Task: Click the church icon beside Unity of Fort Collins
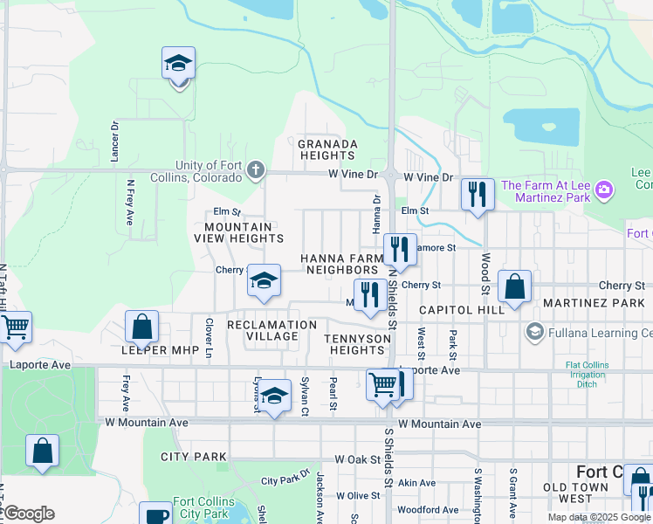coord(256,169)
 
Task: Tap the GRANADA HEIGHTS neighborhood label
coord(327,149)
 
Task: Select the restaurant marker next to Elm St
coord(478,194)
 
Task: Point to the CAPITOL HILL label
coord(461,310)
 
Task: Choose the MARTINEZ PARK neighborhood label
coord(593,303)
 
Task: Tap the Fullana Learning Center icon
coord(533,332)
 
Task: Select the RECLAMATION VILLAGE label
coord(272,331)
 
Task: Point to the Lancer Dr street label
coord(114,141)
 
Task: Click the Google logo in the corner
coord(29,514)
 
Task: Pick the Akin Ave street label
coord(416,482)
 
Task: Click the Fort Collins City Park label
coord(203,507)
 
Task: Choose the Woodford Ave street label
coord(428,509)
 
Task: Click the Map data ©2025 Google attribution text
coord(599,517)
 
